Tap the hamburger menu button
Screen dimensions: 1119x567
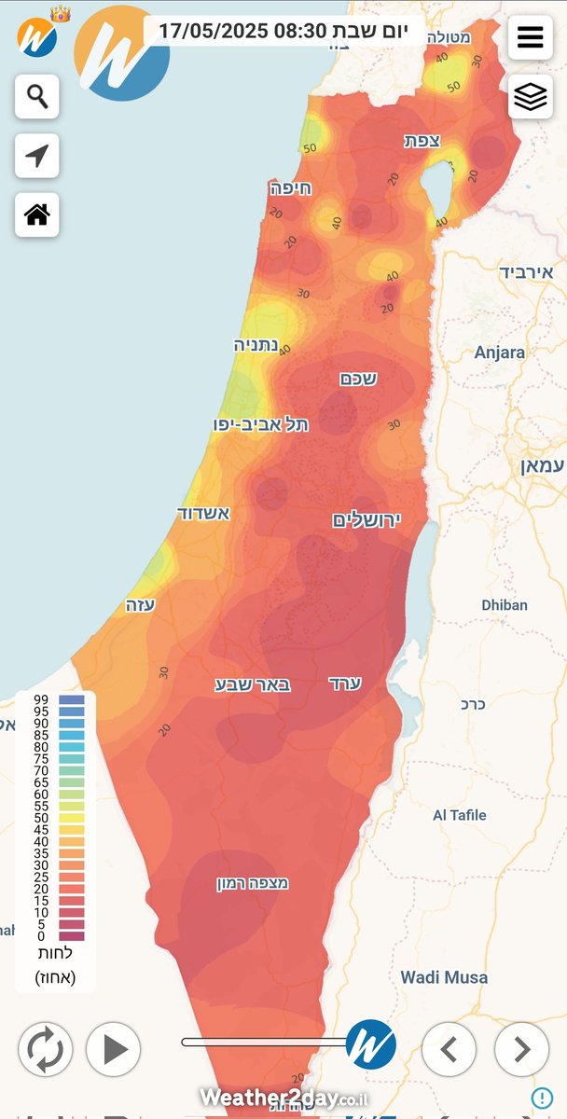point(530,37)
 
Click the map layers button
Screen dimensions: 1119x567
point(530,97)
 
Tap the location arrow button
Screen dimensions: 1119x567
point(37,156)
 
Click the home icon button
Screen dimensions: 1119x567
point(37,215)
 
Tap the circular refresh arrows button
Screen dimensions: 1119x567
point(44,1049)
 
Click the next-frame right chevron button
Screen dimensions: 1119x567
point(521,1049)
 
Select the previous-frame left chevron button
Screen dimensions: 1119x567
point(449,1049)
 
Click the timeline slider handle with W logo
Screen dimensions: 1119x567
point(370,1043)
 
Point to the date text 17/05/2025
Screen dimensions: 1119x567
point(213,31)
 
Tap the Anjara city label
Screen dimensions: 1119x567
point(499,352)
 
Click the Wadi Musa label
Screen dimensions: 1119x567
point(444,977)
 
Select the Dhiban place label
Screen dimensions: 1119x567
point(505,605)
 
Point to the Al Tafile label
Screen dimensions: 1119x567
point(459,815)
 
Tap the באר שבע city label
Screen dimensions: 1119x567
point(253,684)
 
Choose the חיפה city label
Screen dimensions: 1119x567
point(291,188)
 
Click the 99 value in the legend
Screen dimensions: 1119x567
point(41,699)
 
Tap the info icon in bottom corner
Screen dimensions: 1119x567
point(542,1098)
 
